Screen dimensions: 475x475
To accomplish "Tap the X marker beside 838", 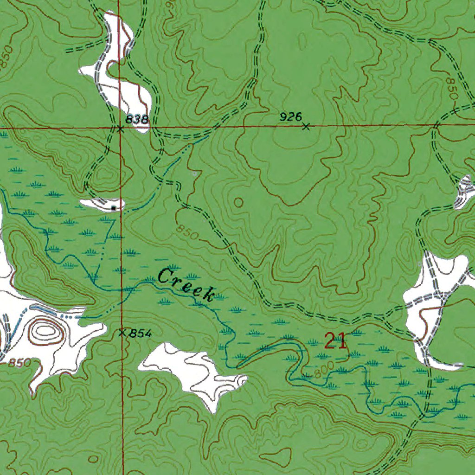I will coord(120,129).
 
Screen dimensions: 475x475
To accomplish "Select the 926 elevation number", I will coord(291,117).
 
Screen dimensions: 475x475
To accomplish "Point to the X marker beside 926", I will coord(306,126).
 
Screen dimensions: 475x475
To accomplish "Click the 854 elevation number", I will coord(141,333).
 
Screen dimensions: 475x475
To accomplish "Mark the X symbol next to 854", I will coord(122,333).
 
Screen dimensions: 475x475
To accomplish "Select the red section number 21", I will coord(335,341).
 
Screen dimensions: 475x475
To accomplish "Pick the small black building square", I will coord(114,208).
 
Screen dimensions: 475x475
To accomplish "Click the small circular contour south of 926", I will coord(238,202).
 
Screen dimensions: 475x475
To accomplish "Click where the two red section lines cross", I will coord(119,126).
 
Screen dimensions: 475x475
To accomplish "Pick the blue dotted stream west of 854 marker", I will coord(70,316).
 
